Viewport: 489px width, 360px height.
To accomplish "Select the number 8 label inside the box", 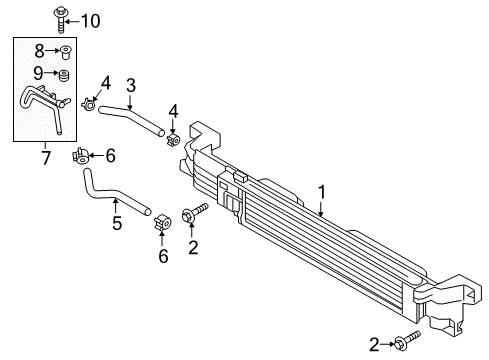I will tap(40, 49).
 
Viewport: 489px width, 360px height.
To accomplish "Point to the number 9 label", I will tap(40, 72).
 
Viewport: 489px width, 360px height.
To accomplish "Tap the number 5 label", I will tap(116, 223).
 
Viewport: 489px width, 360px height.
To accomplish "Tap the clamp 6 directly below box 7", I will tap(81, 154).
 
